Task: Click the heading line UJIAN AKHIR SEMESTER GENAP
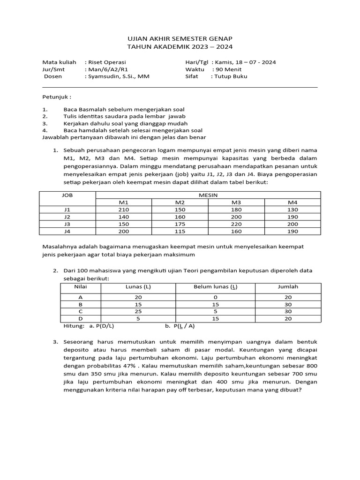coord(180,38)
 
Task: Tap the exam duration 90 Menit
coord(228,69)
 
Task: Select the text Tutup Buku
coord(231,76)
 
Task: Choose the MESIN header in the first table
coord(208,195)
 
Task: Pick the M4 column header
coord(292,202)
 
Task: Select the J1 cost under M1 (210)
coord(124,210)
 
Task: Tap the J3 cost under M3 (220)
coord(236,224)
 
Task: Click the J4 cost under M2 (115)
coord(180,232)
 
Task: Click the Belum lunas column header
coord(215,286)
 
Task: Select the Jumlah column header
coord(288,286)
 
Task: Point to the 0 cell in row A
coord(215,297)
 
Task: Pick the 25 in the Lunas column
coord(138,311)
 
